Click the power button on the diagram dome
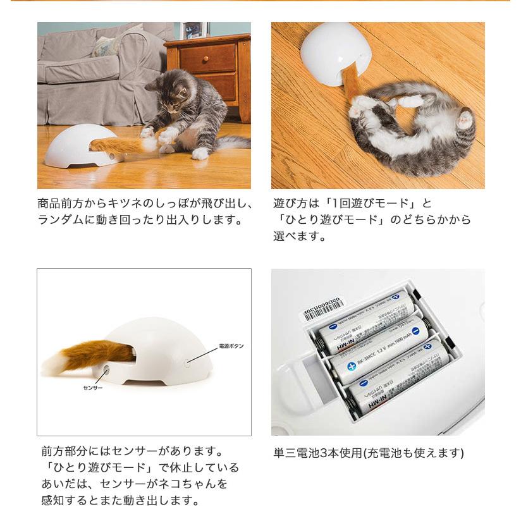[x=188, y=363]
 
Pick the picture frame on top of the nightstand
[x=195, y=30]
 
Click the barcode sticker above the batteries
[x=324, y=309]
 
